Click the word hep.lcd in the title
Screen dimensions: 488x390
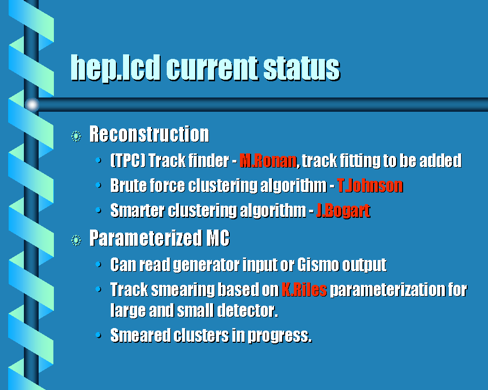pyautogui.click(x=115, y=68)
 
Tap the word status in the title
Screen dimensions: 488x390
pyautogui.click(x=301, y=68)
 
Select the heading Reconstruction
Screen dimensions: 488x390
pyautogui.click(x=149, y=134)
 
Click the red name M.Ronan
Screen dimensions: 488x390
pyautogui.click(x=268, y=161)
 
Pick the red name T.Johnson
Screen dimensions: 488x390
pyautogui.click(x=370, y=186)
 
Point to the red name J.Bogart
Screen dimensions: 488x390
pyautogui.click(x=343, y=211)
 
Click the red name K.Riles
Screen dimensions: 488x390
pyautogui.click(x=304, y=289)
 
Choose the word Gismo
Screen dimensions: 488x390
pyautogui.click(x=318, y=265)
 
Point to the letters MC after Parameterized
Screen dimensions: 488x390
pyautogui.click(x=218, y=238)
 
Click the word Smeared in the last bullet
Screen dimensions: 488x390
pyautogui.click(x=140, y=335)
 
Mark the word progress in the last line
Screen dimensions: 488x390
pyautogui.click(x=280, y=336)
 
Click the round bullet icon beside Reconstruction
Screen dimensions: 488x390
pyautogui.click(x=76, y=136)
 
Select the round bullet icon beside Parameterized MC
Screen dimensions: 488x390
pyautogui.click(x=76, y=240)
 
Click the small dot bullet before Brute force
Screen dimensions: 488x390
pyautogui.click(x=98, y=185)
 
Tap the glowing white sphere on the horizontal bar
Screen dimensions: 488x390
pyautogui.click(x=32, y=105)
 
